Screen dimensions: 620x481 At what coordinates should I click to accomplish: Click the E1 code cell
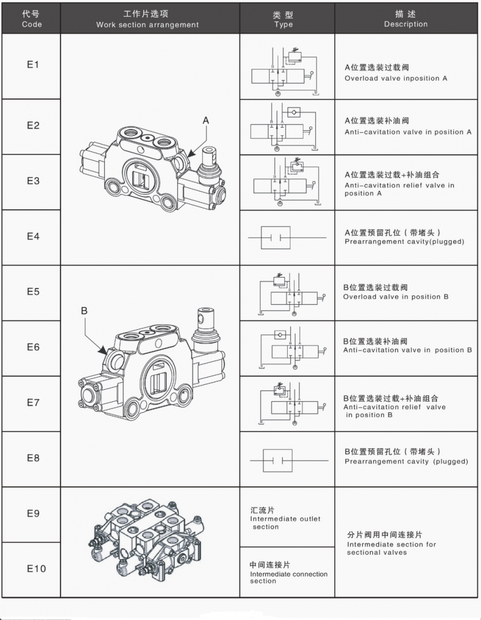click(x=33, y=65)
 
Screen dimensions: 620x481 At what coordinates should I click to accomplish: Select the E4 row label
click(x=33, y=236)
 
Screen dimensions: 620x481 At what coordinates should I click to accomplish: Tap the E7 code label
click(x=33, y=402)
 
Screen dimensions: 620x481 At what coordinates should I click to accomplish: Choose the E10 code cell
click(x=36, y=569)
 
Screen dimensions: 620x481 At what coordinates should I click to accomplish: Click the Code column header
click(x=32, y=19)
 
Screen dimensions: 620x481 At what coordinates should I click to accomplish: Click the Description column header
click(x=406, y=19)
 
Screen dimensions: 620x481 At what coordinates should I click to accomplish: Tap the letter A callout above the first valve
click(x=206, y=120)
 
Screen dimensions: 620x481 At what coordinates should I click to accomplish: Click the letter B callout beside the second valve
click(x=84, y=311)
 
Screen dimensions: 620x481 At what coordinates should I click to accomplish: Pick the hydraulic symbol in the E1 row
click(x=285, y=72)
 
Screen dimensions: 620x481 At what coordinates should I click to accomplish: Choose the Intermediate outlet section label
click(x=285, y=519)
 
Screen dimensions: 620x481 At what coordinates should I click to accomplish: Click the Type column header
click(x=283, y=19)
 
